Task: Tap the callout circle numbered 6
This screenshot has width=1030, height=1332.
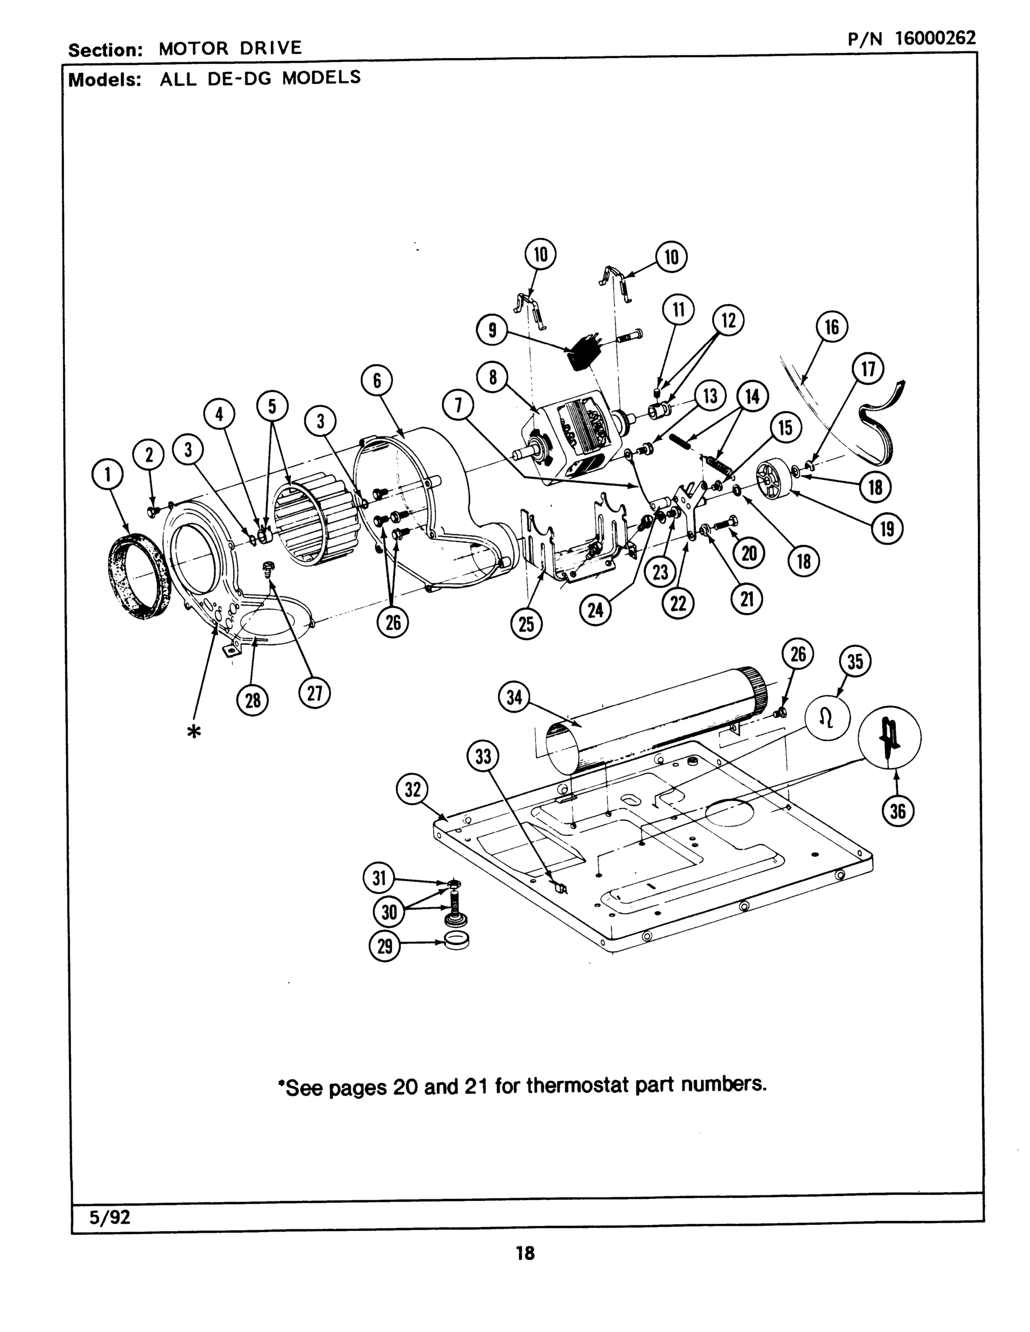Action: (376, 381)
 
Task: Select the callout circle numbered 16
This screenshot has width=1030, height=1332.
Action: (832, 327)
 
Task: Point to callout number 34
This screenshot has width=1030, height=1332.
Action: (514, 697)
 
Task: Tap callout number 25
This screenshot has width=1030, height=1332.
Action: (526, 624)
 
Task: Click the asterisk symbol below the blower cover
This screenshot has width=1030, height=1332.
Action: (193, 733)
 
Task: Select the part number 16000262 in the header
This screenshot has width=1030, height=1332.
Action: (936, 38)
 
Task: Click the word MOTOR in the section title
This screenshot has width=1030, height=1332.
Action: (193, 48)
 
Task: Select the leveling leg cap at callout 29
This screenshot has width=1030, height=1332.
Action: (458, 941)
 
